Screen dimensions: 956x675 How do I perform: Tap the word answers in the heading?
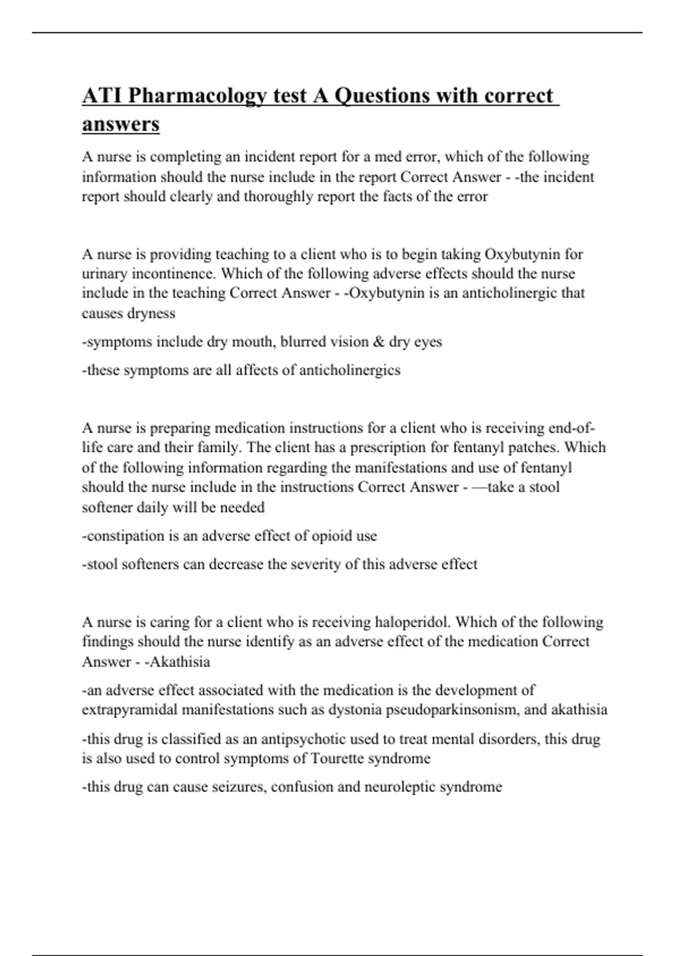click(120, 124)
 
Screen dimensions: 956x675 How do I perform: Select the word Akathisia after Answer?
click(178, 662)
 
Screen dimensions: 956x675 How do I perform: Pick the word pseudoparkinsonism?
click(452, 710)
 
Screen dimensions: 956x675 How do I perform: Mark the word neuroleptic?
click(399, 787)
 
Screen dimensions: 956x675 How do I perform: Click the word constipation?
click(123, 536)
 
